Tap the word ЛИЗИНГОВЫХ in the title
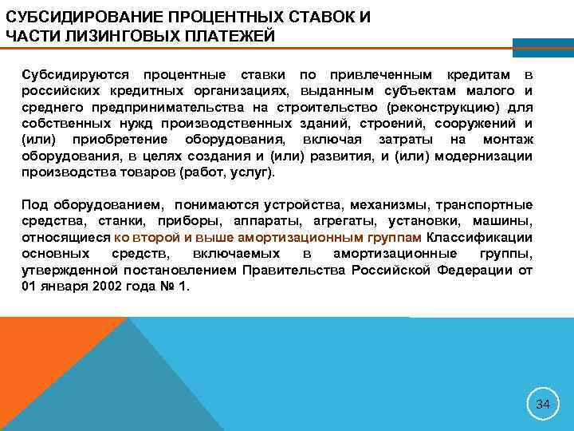point(106,36)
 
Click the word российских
point(56,89)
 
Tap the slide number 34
point(543,404)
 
